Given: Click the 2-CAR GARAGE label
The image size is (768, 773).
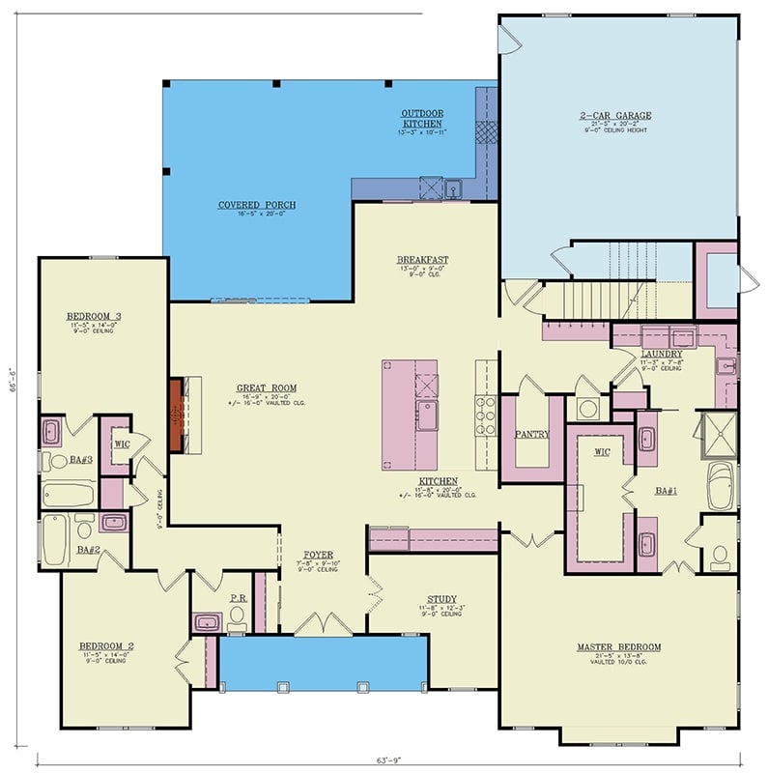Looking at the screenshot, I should point(615,116).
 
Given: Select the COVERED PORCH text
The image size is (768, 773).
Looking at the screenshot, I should point(256,205).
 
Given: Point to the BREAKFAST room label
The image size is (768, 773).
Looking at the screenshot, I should point(422,260).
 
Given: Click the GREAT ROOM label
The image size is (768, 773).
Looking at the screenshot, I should point(258,388).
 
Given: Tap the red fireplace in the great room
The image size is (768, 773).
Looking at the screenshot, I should point(177,415).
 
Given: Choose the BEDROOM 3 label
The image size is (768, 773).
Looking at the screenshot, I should point(93,317).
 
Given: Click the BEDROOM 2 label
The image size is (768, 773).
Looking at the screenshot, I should point(106,645).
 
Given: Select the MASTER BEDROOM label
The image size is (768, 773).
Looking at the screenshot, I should point(618,646).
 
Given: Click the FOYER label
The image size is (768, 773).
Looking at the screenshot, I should point(318,555).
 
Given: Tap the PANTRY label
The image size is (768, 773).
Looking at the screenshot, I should point(532,435).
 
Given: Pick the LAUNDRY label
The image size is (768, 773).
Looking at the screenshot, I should point(662,355).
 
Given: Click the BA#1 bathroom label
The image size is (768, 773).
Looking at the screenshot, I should point(665,491).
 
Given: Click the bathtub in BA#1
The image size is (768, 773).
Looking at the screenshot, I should point(721,485).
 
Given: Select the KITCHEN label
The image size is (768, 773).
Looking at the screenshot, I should point(438,481).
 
